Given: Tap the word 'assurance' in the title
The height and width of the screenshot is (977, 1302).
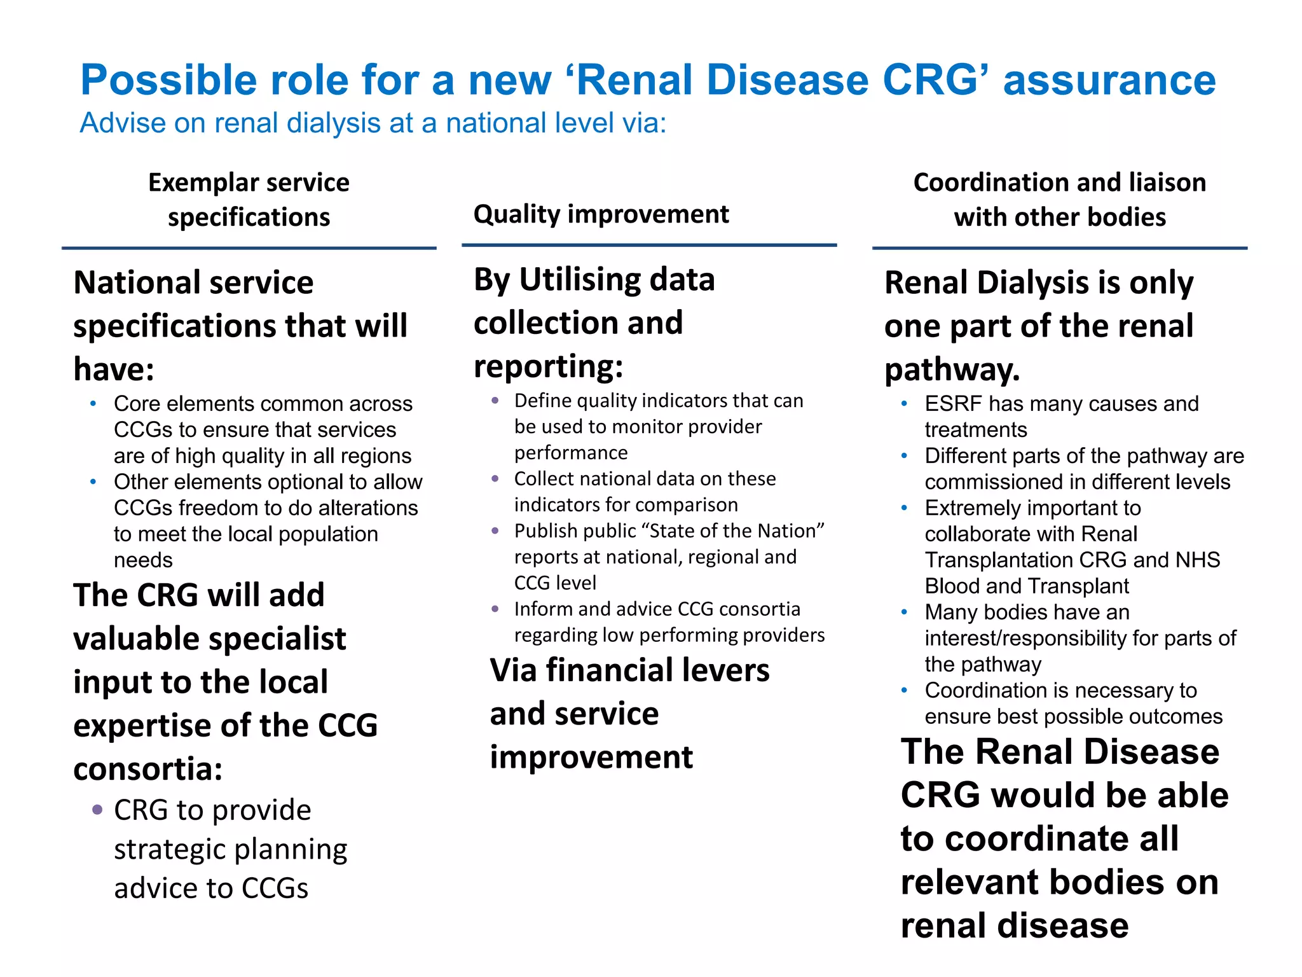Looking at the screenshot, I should tap(1109, 81).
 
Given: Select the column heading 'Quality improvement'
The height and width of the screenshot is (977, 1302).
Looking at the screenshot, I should tap(601, 214).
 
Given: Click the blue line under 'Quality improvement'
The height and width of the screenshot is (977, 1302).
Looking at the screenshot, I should tap(648, 245).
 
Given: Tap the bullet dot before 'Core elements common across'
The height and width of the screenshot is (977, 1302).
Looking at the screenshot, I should tap(93, 404).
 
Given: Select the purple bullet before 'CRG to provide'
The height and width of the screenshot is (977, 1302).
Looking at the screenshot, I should tap(97, 810).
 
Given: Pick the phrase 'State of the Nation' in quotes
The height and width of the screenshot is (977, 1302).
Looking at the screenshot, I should tap(670, 530).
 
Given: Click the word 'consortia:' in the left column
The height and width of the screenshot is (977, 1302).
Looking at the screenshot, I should tap(147, 768).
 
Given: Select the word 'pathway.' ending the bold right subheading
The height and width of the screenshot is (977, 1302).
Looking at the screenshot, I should tap(952, 370).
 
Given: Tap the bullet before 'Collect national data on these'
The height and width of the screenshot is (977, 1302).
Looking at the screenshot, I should tap(495, 478).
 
